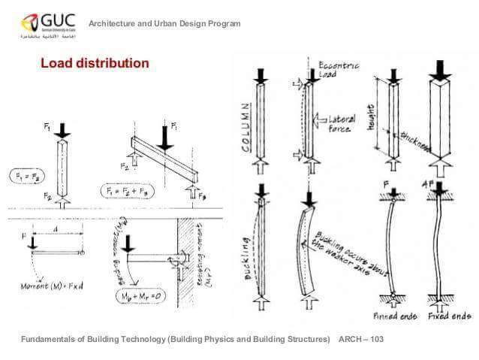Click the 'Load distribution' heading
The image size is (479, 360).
(x=95, y=64)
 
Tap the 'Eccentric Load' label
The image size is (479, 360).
(x=339, y=70)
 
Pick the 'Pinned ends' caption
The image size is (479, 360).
(x=395, y=316)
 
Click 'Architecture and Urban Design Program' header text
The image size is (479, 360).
(x=164, y=24)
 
